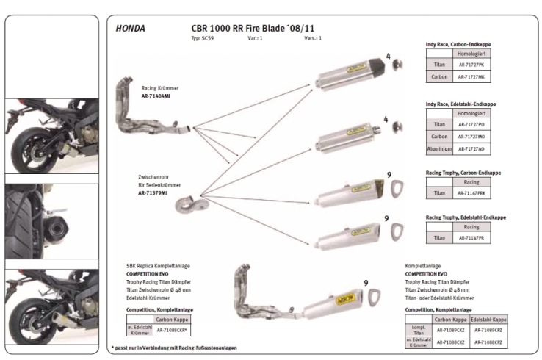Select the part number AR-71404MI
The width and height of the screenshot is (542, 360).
click(x=156, y=96)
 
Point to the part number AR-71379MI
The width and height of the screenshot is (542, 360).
click(x=153, y=192)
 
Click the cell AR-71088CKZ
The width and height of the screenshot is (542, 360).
click(x=450, y=342)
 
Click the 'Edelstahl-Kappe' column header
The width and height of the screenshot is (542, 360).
click(x=486, y=320)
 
